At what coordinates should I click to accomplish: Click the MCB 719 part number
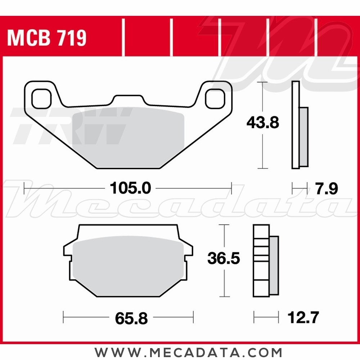click(47, 38)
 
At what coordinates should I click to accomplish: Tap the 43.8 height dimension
click(263, 123)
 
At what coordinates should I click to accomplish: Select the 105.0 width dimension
click(130, 188)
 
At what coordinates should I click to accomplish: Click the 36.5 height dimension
click(224, 258)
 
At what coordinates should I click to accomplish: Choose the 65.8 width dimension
click(131, 318)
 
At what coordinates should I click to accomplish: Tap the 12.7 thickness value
click(303, 318)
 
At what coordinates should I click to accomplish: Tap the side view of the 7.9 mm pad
click(299, 126)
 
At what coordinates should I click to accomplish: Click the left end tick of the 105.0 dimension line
click(24, 188)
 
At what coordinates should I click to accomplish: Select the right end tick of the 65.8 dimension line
click(193, 318)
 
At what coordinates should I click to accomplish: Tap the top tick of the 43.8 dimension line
click(263, 82)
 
